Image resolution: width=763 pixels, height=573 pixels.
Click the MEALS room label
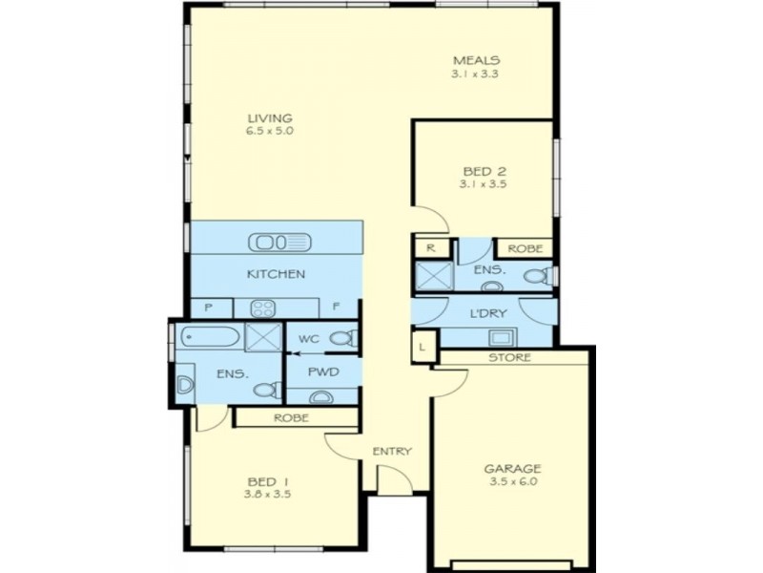pyautogui.click(x=476, y=59)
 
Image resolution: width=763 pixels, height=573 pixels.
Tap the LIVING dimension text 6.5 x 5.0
pyautogui.click(x=268, y=130)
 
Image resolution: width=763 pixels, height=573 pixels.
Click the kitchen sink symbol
pyautogui.click(x=278, y=242)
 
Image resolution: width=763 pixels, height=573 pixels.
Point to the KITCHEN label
pyautogui.click(x=276, y=274)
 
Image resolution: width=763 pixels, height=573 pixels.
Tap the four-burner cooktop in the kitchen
pyautogui.click(x=262, y=308)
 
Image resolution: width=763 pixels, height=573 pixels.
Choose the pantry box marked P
pyautogui.click(x=206, y=308)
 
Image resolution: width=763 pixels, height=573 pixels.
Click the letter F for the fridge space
pyautogui.click(x=336, y=308)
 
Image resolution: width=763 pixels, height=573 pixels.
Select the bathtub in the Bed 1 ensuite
pyautogui.click(x=206, y=337)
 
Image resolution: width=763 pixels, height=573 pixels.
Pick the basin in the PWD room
pyautogui.click(x=321, y=395)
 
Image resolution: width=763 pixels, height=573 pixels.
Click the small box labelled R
pyautogui.click(x=430, y=247)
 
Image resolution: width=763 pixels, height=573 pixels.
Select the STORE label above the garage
pyautogui.click(x=510, y=357)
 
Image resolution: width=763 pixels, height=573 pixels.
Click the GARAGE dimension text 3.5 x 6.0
pyautogui.click(x=512, y=483)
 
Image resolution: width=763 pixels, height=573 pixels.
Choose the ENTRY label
pyautogui.click(x=392, y=451)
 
